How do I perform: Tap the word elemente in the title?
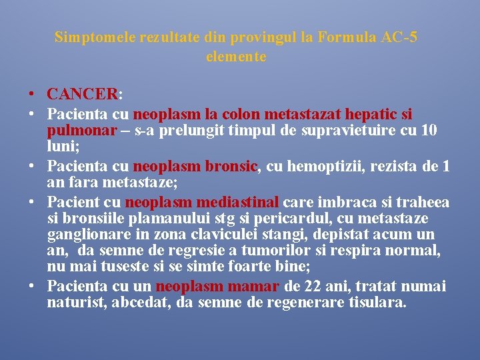click(236, 57)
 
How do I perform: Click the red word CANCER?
click(82, 95)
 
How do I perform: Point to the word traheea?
click(423, 203)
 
